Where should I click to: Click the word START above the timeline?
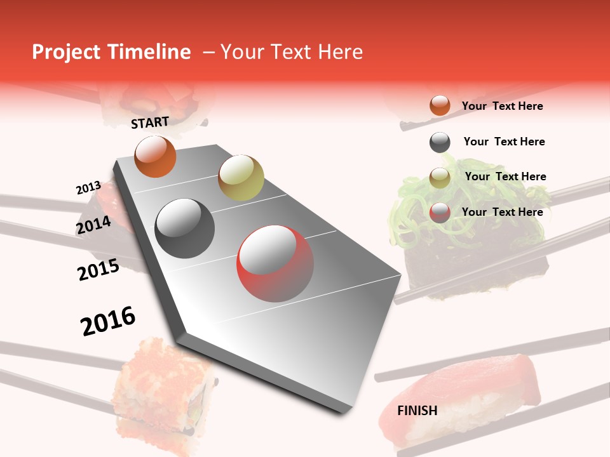coord(150,123)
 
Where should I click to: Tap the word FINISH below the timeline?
coord(417,411)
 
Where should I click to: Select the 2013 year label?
coord(88,188)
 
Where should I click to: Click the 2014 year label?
coord(93,225)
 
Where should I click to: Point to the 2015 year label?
coord(98,270)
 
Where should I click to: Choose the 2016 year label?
coord(108,321)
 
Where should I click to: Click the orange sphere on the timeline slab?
coord(155,156)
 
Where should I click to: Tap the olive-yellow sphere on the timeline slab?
coord(241,177)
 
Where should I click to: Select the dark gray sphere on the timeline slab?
coord(184,228)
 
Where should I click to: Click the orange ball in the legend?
coord(440,105)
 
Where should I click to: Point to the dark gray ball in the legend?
coord(440,142)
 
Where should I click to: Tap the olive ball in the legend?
coord(440,177)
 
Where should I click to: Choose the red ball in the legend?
coord(440,213)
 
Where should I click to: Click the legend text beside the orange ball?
coord(502,106)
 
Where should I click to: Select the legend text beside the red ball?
coord(502,212)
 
